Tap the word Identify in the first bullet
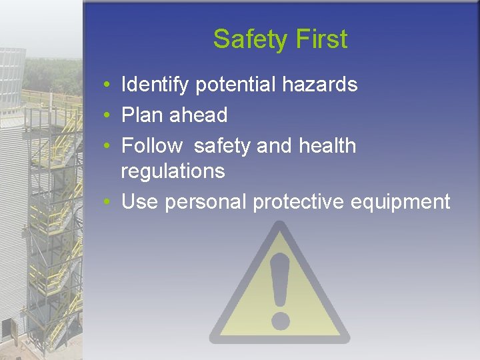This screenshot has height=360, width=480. tap(155, 85)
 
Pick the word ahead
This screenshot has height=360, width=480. tap(198, 115)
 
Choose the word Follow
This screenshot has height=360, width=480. tap(152, 145)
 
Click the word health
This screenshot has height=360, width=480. tap(327, 145)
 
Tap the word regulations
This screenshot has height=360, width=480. tap(173, 171)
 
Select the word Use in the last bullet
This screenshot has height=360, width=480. tap(139, 201)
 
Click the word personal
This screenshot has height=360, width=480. tap(205, 202)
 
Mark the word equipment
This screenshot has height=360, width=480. tap(409, 202)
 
